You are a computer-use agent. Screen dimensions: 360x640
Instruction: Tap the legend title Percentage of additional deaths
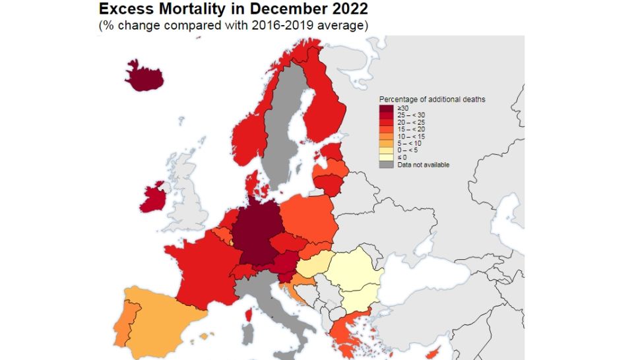pos(432,99)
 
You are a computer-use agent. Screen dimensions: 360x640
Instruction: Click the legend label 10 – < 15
pos(411,136)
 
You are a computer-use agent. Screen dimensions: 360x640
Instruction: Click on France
pos(198,267)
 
